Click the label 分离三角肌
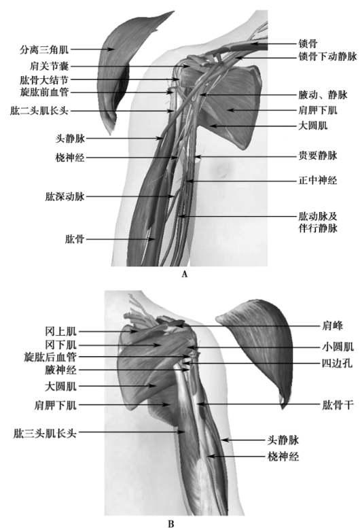(44, 50)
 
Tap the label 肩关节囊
(49, 66)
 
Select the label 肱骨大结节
(44, 80)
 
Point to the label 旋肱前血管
(44, 92)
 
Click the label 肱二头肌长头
(39, 111)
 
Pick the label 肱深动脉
(65, 196)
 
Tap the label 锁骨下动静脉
(327, 56)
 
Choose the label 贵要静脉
(318, 156)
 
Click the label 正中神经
(318, 181)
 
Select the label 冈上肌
(61, 332)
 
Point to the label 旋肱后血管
(50, 357)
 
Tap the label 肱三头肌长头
(45, 433)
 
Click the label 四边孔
(337, 363)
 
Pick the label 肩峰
(332, 325)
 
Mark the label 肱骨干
(338, 405)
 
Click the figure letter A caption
(184, 274)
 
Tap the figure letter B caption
(171, 524)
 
